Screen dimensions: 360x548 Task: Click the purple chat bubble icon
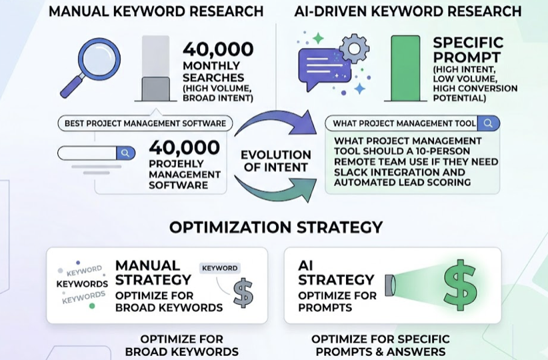[x=324, y=69]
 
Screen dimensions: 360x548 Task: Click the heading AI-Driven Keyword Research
[x=408, y=11]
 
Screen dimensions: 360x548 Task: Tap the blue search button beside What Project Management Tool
[x=489, y=123]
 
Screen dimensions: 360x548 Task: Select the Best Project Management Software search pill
[x=145, y=123]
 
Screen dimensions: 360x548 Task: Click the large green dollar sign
[x=460, y=285]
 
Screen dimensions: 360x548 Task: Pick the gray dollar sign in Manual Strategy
[x=243, y=293]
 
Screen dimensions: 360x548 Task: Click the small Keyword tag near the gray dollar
[x=219, y=268]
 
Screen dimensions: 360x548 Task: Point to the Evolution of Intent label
[x=275, y=161]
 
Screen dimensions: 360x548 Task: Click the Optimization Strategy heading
[x=275, y=227]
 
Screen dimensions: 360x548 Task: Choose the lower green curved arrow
[x=273, y=190]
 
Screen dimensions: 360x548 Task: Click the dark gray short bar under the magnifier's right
[x=156, y=88]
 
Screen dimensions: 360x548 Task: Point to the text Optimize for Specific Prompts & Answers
[x=381, y=345]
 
